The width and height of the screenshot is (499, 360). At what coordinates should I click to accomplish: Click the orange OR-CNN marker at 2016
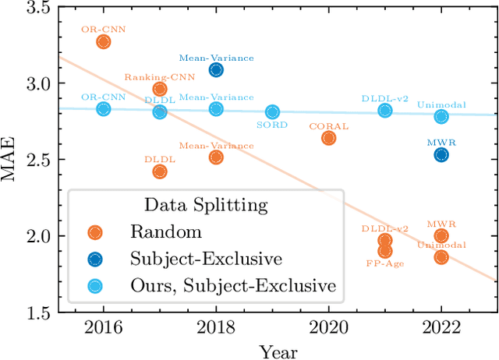103,41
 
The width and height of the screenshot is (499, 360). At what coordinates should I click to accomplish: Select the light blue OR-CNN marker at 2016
103,109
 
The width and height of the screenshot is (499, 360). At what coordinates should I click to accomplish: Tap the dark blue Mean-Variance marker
216,70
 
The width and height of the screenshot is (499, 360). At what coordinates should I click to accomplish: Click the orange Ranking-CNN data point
160,89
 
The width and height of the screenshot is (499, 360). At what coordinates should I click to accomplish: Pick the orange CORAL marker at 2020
328,138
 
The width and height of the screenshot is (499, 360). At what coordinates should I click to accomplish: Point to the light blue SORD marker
272,112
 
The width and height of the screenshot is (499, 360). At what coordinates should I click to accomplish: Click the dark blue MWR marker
441,154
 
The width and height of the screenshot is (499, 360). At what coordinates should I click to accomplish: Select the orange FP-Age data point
385,250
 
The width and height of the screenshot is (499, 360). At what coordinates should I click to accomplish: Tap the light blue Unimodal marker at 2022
441,117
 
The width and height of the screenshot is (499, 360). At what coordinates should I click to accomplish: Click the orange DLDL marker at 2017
160,171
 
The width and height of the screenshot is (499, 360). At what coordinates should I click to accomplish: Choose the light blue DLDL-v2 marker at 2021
385,111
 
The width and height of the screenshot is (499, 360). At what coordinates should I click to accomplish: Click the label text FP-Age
384,263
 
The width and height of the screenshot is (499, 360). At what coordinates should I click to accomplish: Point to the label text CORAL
328,125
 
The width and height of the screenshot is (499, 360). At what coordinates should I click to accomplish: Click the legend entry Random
165,232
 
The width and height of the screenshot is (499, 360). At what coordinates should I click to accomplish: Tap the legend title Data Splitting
207,206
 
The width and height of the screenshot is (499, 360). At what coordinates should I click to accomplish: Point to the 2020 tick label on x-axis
328,326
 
